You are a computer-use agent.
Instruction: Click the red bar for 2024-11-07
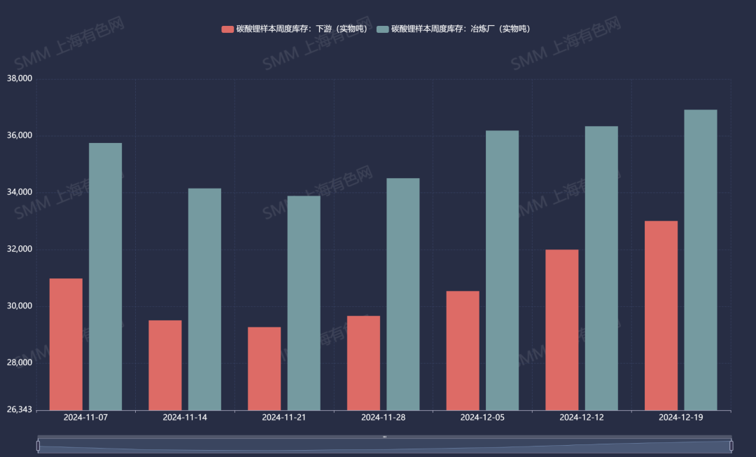[66, 344]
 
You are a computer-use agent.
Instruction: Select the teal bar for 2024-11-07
[105, 277]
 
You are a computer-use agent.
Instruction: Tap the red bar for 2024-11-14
[165, 365]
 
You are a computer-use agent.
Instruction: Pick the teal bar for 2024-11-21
[304, 303]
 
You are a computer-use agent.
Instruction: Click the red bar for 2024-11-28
[363, 363]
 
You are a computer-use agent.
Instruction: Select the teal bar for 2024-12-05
[502, 271]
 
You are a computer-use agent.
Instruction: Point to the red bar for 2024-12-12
[562, 329]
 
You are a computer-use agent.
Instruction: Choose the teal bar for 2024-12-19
[701, 260]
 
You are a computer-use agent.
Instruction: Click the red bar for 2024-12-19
[661, 315]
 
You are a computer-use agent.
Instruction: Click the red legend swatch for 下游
[227, 29]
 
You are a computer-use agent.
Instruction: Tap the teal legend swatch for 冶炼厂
[382, 29]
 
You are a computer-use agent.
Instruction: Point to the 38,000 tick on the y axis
[19, 79]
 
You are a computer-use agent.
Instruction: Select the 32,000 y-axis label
[19, 250]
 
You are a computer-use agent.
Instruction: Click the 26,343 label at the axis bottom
[19, 409]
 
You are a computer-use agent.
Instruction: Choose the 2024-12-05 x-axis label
[482, 417]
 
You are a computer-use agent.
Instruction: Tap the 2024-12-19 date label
[681, 417]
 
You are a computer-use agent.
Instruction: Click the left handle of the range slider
[38, 446]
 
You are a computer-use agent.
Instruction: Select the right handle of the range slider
[731, 446]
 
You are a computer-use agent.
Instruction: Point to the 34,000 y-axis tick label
[19, 192]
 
